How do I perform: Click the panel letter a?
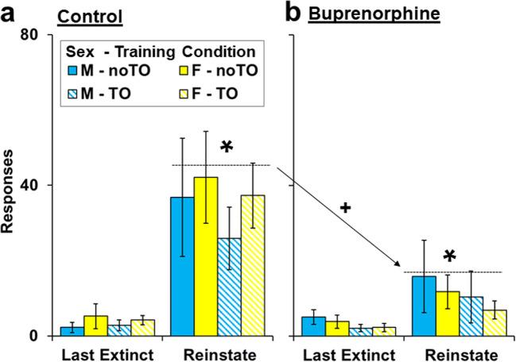tap(10, 13)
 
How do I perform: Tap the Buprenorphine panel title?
tap(357, 14)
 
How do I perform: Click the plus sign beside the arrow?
tap(344, 207)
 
